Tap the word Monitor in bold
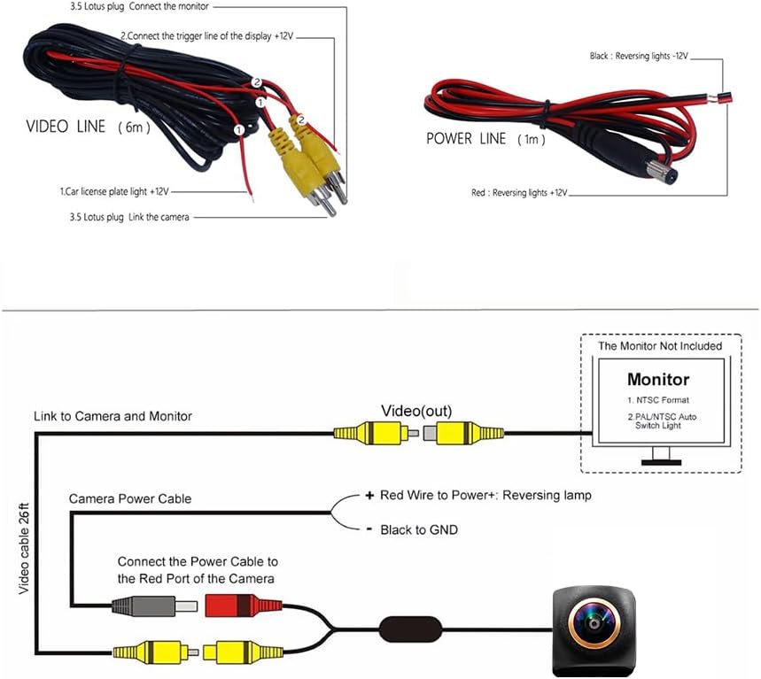coord(658,379)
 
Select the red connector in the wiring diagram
coord(243,606)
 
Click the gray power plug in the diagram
coord(154,606)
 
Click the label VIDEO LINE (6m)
coord(89,127)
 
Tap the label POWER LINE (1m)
coord(485,139)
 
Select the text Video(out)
coord(416,411)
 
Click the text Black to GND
coord(419,529)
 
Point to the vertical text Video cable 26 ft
coord(24,549)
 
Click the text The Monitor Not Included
coord(660,346)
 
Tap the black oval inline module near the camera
coord(410,629)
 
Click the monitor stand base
coord(661,462)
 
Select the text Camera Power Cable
coord(130,498)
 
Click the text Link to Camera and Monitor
coord(113,416)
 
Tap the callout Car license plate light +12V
coord(114,191)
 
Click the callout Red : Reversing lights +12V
coord(519,192)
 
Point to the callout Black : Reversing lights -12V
coord(639,56)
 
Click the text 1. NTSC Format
coord(657,400)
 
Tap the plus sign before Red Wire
coord(369,495)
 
